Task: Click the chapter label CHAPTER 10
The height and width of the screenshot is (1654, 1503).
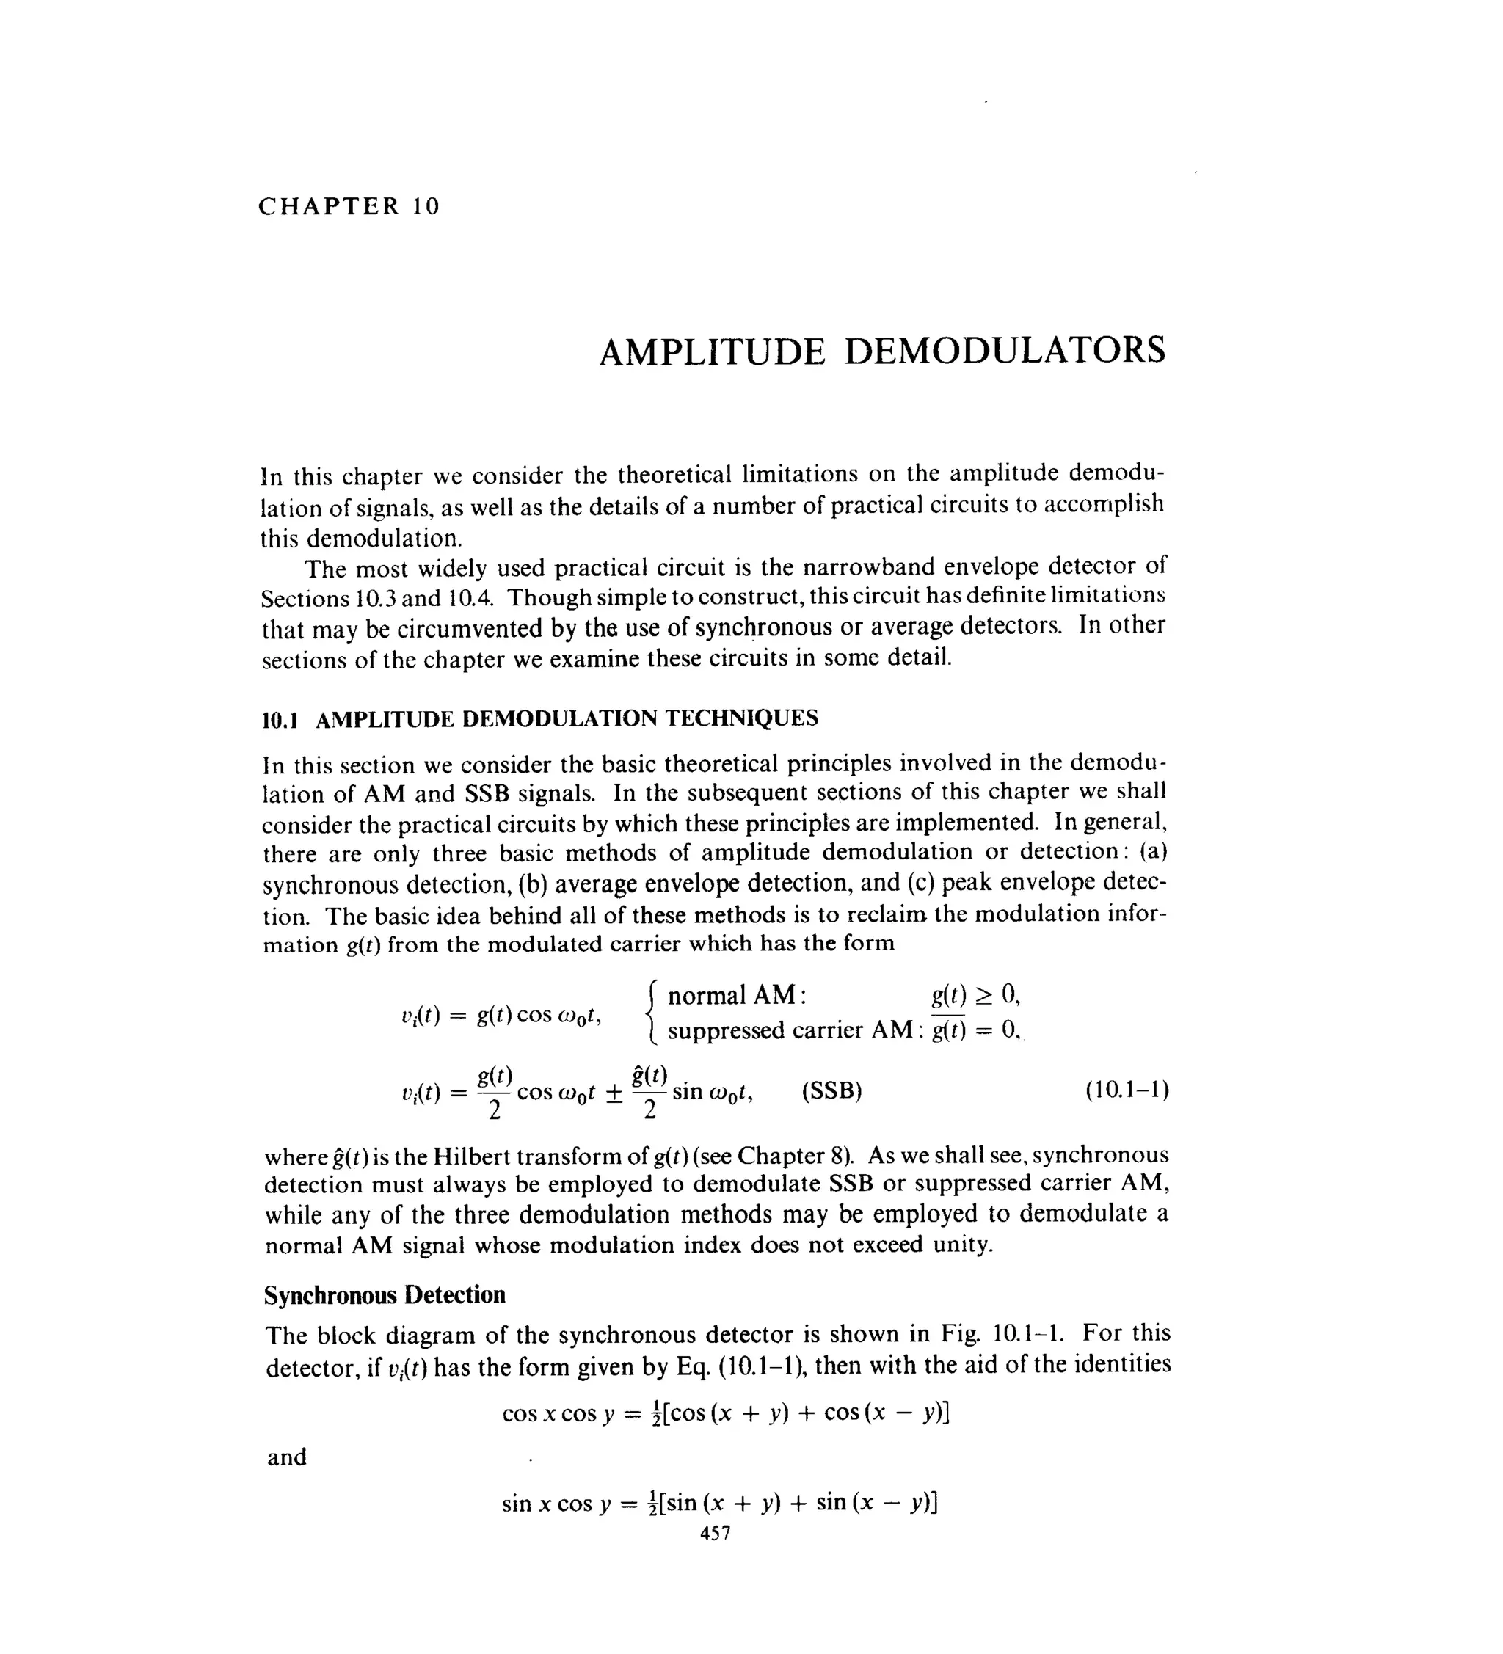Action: pos(349,206)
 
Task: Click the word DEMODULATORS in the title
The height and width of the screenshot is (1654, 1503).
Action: pos(1004,351)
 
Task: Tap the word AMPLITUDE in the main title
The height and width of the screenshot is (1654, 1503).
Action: pos(711,352)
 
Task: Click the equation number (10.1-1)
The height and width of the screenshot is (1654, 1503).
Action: pos(1127,1090)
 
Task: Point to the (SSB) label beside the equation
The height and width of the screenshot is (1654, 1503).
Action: pos(831,1091)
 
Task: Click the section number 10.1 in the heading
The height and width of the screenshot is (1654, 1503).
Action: pos(278,721)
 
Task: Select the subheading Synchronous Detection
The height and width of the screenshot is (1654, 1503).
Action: pos(384,1294)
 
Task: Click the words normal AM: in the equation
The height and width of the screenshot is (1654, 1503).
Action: pos(737,996)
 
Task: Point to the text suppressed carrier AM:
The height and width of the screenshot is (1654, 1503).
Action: pos(793,1030)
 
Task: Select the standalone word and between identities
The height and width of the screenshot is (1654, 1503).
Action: pos(286,1457)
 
